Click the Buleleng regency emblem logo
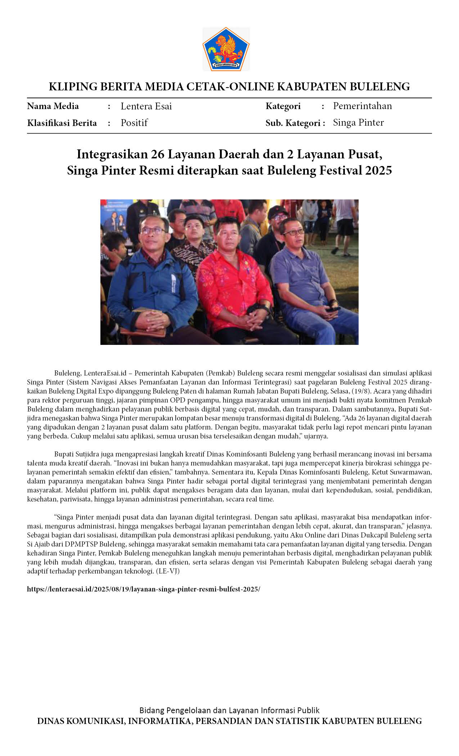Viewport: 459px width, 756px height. pyautogui.click(x=226, y=49)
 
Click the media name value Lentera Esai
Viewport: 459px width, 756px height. pyautogui.click(x=146, y=106)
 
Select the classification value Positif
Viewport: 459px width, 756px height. pyautogui.click(x=134, y=123)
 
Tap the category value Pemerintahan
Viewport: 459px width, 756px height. pyautogui.click(x=362, y=106)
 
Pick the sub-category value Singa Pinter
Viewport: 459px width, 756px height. pyautogui.click(x=358, y=122)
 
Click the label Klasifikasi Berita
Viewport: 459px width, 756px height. pyautogui.click(x=62, y=123)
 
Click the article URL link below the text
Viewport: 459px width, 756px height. pyautogui.click(x=143, y=589)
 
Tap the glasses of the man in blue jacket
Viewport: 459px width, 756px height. pyautogui.click(x=153, y=230)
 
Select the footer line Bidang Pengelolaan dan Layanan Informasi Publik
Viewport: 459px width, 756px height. pyautogui.click(x=229, y=710)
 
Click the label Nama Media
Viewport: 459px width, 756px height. pyautogui.click(x=53, y=106)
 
